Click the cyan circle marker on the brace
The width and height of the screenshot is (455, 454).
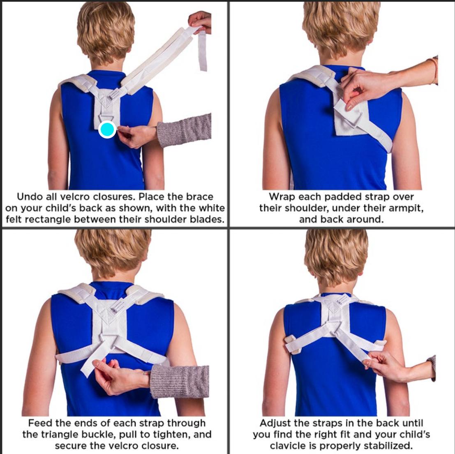coord(107,130)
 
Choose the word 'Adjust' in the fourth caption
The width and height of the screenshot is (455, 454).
coord(275,423)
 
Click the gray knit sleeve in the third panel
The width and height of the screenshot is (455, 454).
coord(180,381)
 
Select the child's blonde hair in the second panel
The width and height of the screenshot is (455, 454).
coord(341,29)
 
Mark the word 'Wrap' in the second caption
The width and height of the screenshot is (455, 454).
coord(281,197)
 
